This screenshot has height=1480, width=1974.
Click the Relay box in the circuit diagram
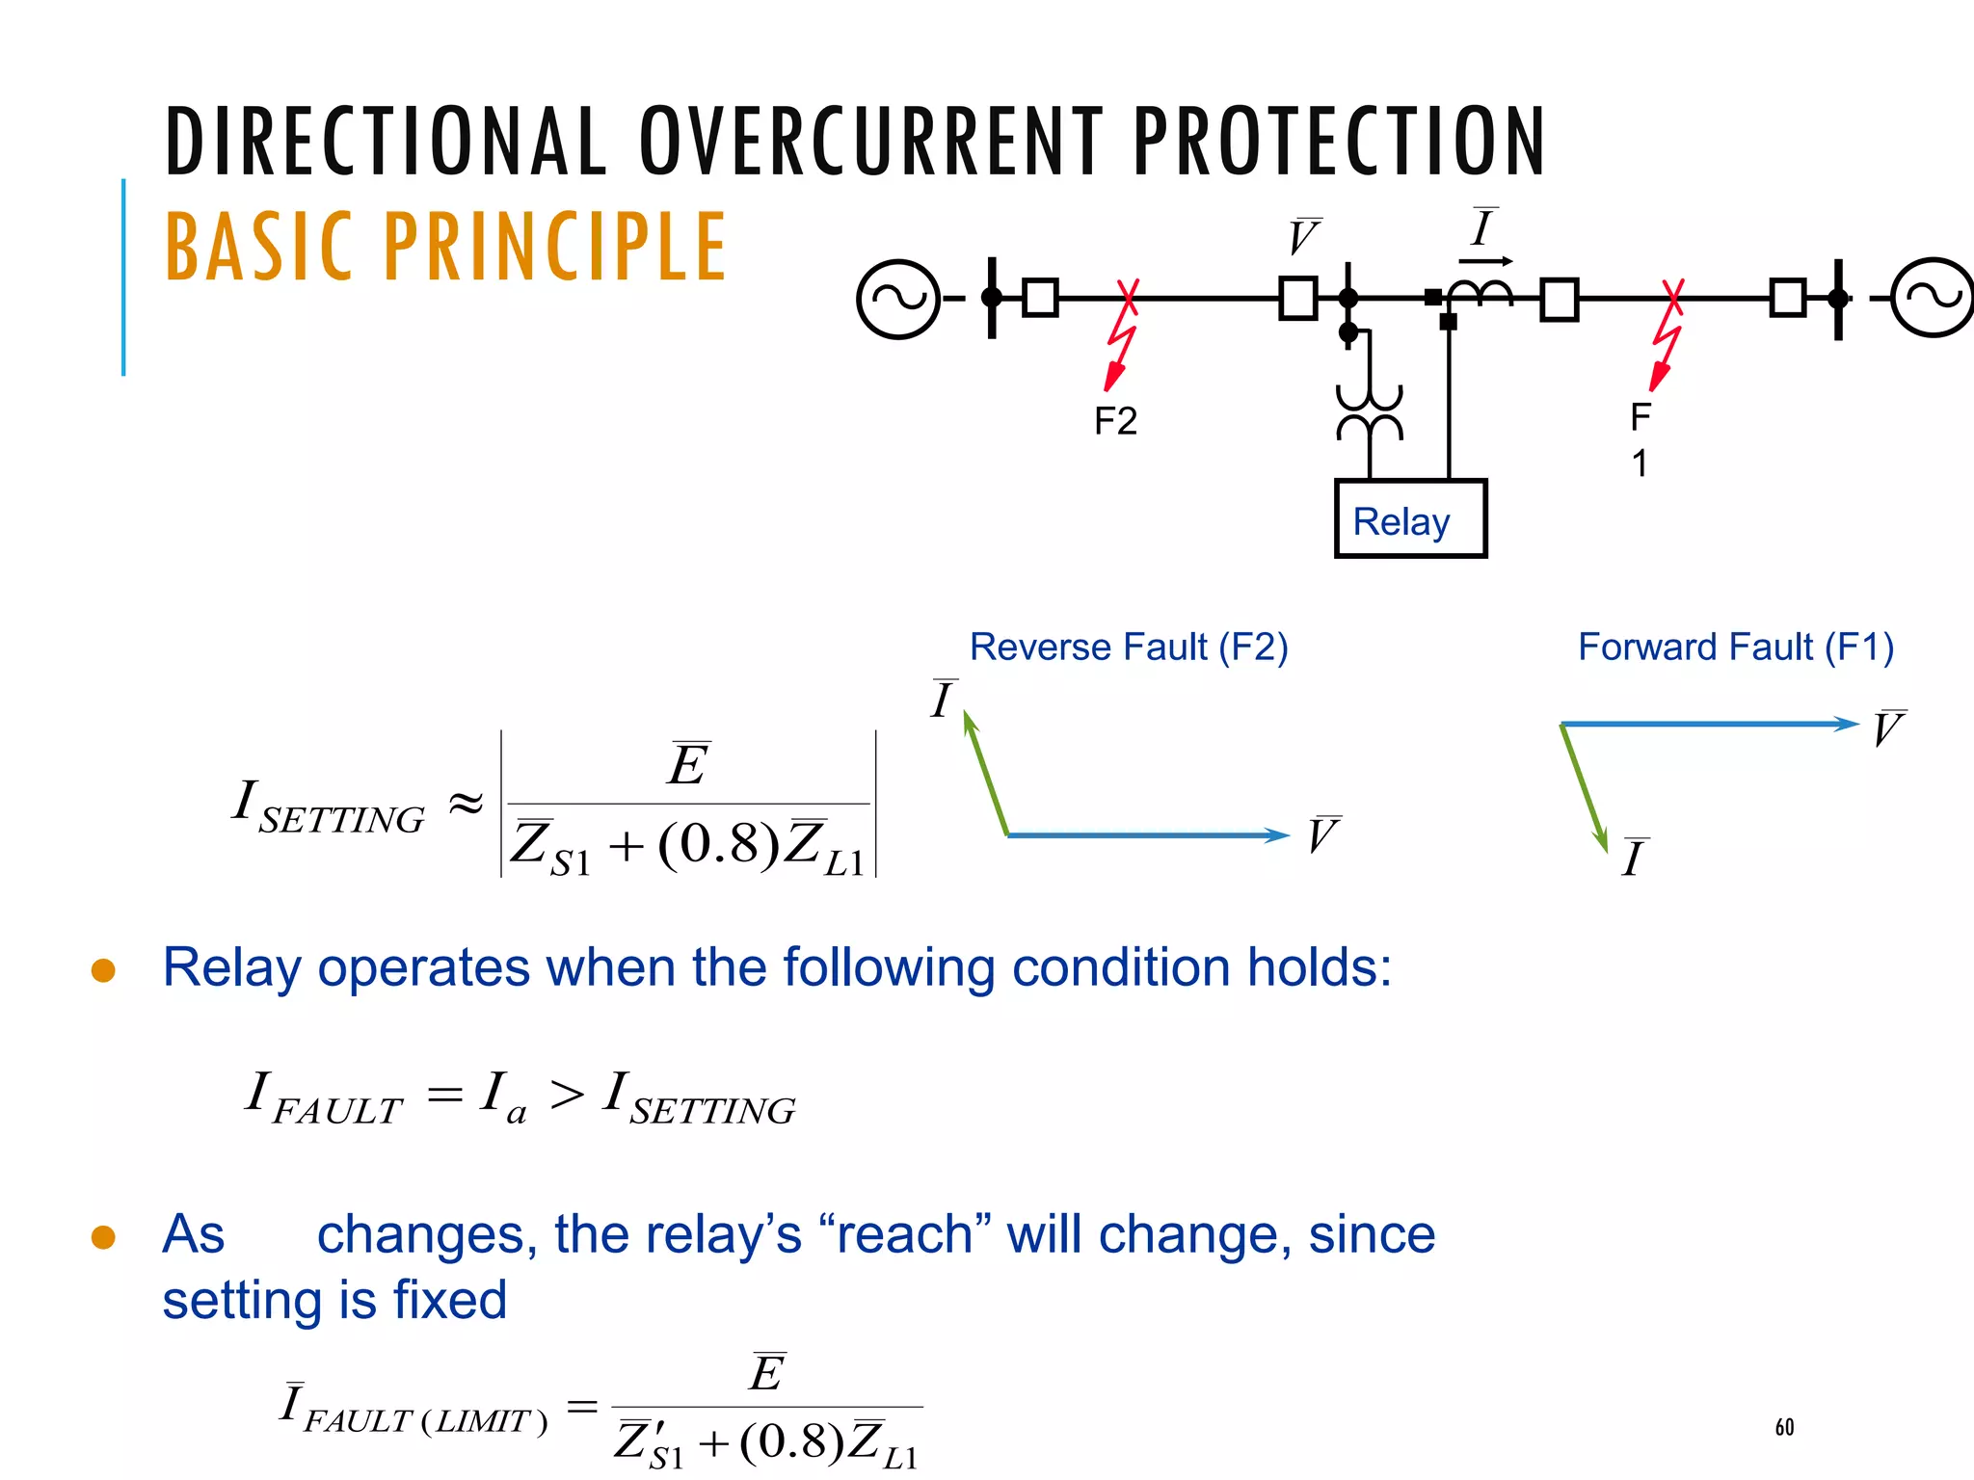[x=1410, y=518]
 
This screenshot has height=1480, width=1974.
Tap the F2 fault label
[x=1115, y=421]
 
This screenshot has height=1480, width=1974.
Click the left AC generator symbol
[x=898, y=299]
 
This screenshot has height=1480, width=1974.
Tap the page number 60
[x=1784, y=1427]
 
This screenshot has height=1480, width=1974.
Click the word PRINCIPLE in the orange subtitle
[x=555, y=248]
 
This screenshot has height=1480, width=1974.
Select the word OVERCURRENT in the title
[x=871, y=142]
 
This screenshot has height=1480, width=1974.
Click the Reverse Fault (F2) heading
[x=1128, y=647]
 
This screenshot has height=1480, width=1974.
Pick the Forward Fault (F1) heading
[x=1735, y=647]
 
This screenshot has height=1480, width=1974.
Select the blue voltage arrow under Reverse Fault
[x=1147, y=834]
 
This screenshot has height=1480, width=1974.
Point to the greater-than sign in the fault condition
[x=567, y=1095]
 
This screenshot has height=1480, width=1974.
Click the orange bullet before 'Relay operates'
[x=103, y=969]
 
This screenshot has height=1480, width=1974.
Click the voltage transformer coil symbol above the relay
[x=1370, y=412]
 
